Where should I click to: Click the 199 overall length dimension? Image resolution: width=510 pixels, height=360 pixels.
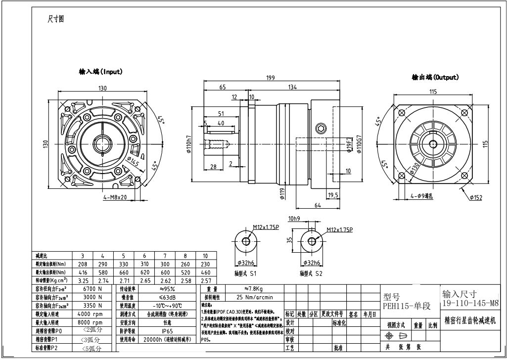click(x=271, y=78)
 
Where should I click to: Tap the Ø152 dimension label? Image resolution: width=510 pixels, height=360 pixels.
click(x=475, y=198)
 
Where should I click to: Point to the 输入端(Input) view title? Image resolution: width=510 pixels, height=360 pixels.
click(x=100, y=72)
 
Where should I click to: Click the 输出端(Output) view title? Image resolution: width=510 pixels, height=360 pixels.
click(x=435, y=77)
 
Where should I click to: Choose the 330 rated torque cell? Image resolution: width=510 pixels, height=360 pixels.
click(x=123, y=264)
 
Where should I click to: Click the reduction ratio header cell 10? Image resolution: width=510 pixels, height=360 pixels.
click(x=205, y=256)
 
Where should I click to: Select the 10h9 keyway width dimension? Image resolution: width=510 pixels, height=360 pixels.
click(x=294, y=219)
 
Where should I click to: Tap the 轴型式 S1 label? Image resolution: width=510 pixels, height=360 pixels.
click(x=246, y=272)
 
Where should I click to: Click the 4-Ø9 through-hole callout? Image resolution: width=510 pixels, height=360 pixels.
click(x=422, y=196)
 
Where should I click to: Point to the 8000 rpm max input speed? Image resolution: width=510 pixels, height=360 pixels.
click(x=90, y=322)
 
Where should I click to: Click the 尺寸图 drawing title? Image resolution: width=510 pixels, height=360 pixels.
click(x=55, y=19)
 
